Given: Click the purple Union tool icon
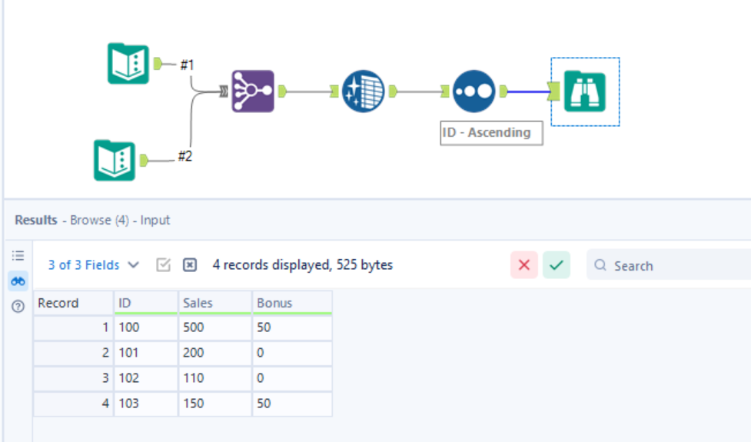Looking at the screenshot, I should click(x=253, y=91).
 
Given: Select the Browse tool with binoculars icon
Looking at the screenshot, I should click(x=585, y=91).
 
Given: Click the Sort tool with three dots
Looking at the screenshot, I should click(x=474, y=91).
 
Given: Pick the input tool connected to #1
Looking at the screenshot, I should click(x=128, y=63).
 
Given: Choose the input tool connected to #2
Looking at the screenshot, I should click(x=115, y=160).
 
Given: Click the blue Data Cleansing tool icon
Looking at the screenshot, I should click(x=363, y=91).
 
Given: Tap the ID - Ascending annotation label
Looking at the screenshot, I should click(x=490, y=132).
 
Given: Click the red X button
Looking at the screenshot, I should click(x=524, y=265).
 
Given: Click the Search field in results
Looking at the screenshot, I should click(x=676, y=265).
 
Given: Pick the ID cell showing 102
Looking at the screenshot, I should click(x=129, y=378).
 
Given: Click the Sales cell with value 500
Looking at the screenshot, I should click(x=194, y=328).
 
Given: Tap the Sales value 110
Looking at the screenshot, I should click(x=194, y=378).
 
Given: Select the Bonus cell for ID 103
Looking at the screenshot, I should click(x=264, y=404).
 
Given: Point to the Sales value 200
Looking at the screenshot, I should click(x=194, y=354).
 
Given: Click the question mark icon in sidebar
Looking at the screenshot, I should click(x=18, y=307).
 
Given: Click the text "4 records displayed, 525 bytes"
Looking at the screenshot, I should click(x=303, y=265).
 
